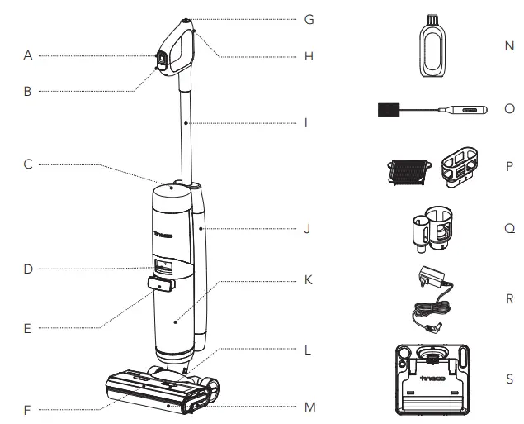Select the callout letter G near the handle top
pos(309,18)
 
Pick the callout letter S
pos(508,379)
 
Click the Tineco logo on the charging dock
pos(429,379)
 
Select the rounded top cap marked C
pos(171,187)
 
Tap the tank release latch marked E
pos(163,284)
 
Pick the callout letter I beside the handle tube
pos(307,122)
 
